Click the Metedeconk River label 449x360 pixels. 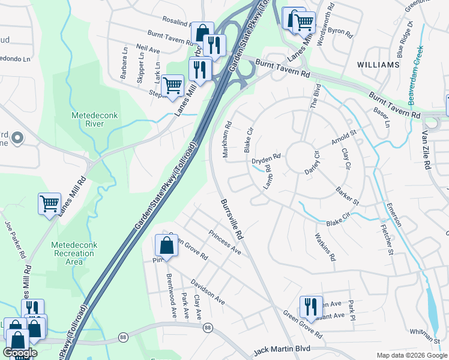coord(88,119)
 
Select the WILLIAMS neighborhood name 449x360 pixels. coord(378,64)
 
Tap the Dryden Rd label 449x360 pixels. coord(266,159)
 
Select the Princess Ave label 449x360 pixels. coord(225,242)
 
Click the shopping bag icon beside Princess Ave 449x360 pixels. coord(166,246)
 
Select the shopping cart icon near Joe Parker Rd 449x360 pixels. coord(49,203)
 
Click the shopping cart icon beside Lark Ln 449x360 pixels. coord(172,85)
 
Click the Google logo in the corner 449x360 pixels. coord(20,353)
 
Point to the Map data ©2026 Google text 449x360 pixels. coord(411,355)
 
